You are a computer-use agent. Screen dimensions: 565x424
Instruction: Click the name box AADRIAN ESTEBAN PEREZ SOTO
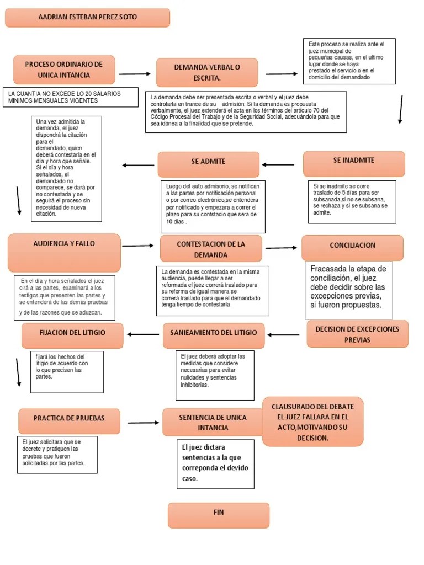(87, 18)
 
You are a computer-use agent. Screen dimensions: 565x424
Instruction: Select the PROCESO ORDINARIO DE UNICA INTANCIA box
(64, 70)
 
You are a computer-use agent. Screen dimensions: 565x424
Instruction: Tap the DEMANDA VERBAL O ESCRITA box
(207, 72)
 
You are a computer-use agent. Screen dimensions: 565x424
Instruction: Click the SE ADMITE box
(208, 164)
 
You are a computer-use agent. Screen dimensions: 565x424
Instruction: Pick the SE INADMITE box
(353, 163)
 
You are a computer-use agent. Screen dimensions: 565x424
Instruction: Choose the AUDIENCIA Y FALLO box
(64, 252)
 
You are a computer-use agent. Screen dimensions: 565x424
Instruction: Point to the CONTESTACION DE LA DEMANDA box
(210, 249)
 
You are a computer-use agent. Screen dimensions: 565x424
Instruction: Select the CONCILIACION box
(352, 247)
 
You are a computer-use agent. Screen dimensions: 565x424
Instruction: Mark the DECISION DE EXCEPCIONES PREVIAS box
(357, 334)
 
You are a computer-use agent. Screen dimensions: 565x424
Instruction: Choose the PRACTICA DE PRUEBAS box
(69, 421)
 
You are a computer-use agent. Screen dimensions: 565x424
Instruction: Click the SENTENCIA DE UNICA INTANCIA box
(213, 422)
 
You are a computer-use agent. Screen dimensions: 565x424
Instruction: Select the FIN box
(219, 515)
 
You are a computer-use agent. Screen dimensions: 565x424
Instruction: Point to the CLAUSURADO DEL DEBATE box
(312, 422)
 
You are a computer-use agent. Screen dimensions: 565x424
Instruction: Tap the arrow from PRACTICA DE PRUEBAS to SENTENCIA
(143, 423)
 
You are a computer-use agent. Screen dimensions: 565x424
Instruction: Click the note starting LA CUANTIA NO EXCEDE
(70, 97)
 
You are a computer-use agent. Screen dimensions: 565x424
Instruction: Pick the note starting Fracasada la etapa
(348, 290)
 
